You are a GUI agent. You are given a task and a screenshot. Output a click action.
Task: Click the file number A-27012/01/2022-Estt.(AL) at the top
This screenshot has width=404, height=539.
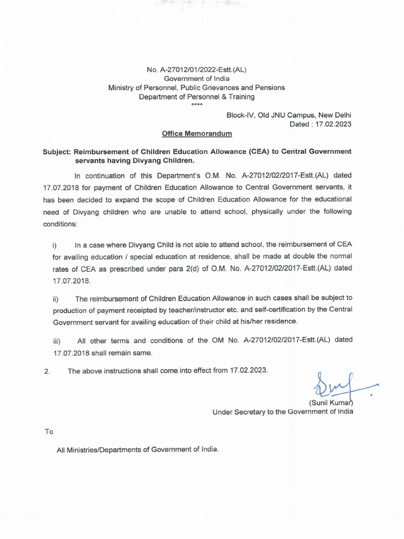click(x=196, y=69)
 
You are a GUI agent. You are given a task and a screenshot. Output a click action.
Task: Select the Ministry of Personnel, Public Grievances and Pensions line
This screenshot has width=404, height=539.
click(x=196, y=87)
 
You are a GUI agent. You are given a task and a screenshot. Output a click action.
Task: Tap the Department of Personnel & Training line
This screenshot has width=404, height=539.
click(x=196, y=97)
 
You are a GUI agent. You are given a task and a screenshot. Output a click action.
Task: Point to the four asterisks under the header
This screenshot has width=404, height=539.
click(x=196, y=105)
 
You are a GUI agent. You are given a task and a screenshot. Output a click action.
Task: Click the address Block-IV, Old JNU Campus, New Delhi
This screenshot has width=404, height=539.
click(x=289, y=115)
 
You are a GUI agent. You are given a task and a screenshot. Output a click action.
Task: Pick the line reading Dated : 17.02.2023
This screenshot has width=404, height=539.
click(x=320, y=124)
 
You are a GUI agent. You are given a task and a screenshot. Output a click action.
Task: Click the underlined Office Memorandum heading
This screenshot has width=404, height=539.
click(x=194, y=134)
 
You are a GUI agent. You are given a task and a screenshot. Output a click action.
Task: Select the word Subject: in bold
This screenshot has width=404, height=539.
click(x=57, y=152)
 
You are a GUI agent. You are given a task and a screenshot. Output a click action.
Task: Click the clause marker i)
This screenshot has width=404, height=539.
click(x=55, y=245)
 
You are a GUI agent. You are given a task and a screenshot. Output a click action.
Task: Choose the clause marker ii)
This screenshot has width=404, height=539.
click(x=55, y=300)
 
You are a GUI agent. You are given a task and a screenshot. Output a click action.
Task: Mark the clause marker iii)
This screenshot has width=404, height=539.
click(x=56, y=341)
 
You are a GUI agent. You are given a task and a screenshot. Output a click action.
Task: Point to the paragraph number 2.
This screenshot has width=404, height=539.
click(x=47, y=372)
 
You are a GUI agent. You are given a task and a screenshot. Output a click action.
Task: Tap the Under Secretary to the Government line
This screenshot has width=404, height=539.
click(x=282, y=412)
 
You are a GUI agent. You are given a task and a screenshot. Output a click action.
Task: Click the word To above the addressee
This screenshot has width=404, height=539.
click(x=49, y=432)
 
